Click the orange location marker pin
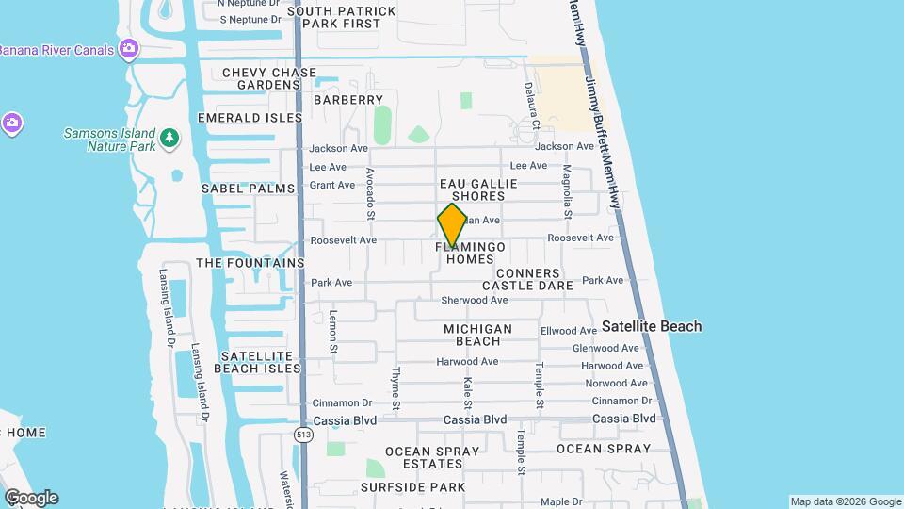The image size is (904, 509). coord(452,226)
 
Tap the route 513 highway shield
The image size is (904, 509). coord(302,435)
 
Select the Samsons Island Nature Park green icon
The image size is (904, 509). coord(169,139)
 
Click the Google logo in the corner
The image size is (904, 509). coord(31,498)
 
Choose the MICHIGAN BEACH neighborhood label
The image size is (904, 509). coord(478,335)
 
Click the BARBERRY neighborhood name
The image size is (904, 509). coord(348,100)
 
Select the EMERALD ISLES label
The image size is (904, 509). coord(250,118)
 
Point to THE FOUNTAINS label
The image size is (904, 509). coord(250,263)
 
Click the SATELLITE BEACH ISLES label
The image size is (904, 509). coord(257,362)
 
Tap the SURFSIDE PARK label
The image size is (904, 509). coord(412,487)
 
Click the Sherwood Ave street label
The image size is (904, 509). coord(475,300)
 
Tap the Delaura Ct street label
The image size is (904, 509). coord(532,105)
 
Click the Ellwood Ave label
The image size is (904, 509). coord(569,331)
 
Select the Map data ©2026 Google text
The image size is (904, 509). coord(846,501)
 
